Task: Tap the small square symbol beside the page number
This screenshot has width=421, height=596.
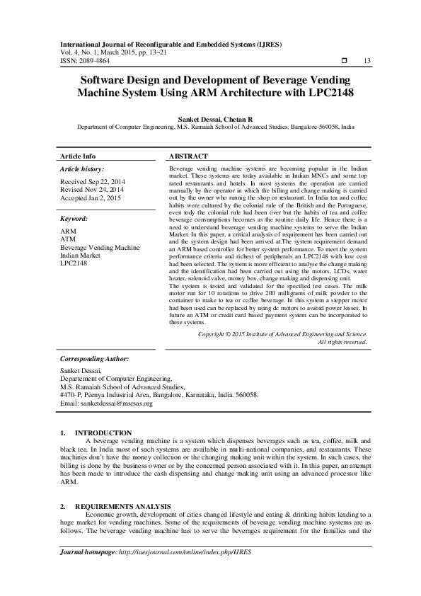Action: tap(345, 60)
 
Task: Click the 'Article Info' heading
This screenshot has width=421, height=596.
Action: tap(78, 156)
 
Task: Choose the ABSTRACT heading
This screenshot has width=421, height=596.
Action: tap(189, 156)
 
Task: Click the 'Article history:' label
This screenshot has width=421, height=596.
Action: tap(82, 169)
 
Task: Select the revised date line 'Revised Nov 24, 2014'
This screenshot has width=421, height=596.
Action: tap(92, 190)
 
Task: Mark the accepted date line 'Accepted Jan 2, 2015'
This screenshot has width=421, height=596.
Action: tap(91, 198)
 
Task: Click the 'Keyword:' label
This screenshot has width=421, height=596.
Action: tap(74, 219)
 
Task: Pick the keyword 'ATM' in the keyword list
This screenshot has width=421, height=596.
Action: tap(67, 240)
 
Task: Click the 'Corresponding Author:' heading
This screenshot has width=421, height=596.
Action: tap(93, 359)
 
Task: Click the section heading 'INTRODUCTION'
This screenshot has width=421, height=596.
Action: tap(103, 432)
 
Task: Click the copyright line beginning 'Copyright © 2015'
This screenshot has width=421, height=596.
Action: tap(282, 333)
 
